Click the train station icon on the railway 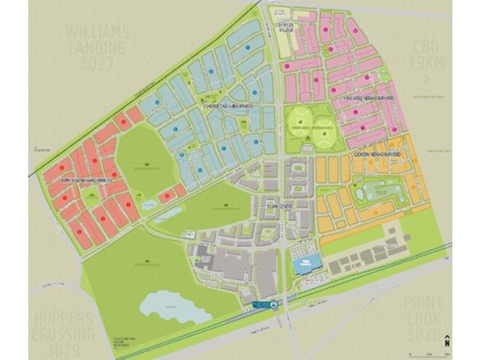(x=274, y=305)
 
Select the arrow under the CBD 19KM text (x=427, y=79)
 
